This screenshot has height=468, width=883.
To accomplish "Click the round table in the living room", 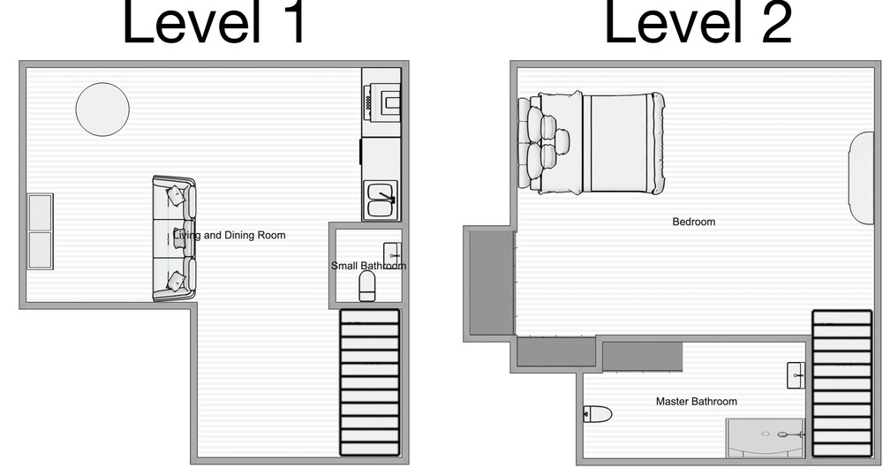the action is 102,109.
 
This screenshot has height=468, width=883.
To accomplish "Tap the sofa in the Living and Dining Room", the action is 175,238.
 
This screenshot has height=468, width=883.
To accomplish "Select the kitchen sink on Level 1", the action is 381,200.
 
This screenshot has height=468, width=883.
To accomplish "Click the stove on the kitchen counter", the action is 382,102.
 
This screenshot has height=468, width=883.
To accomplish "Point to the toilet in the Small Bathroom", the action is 367,285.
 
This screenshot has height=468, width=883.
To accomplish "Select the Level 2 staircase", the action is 841,383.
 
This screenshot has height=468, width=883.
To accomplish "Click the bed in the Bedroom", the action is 591,143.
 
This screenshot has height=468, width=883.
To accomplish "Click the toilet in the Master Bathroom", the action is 598,414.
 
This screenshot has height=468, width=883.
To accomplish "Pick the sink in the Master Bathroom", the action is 796,375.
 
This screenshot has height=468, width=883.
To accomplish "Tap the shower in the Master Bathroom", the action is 766,438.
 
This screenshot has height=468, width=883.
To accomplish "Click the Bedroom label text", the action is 694,222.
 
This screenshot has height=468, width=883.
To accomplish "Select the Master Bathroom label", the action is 697,402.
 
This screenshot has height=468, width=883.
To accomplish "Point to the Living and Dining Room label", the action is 230,235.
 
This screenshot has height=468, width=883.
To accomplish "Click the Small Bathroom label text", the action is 368,265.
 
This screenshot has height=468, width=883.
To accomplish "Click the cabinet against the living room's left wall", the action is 40,231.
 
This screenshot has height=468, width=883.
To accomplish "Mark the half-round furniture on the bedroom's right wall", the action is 862,178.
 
